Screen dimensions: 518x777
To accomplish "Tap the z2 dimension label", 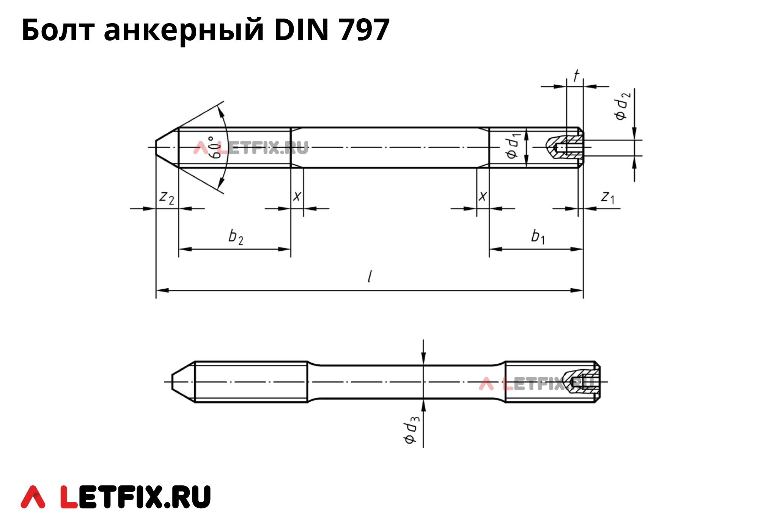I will point(167,198).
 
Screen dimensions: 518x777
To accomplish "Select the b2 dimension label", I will point(236,237).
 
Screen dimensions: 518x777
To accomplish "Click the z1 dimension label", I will point(607,197).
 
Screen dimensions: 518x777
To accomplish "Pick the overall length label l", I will point(370,276).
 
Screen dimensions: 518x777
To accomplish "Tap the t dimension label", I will point(576,75).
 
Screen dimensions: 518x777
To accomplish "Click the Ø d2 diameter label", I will point(622,106).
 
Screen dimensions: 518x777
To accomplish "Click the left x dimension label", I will point(297,196).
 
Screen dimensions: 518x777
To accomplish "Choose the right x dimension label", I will point(483,196).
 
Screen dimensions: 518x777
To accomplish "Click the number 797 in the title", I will point(364,30).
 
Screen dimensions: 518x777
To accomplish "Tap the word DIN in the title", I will point(301,30).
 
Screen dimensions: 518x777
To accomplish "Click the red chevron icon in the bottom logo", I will point(33,497).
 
